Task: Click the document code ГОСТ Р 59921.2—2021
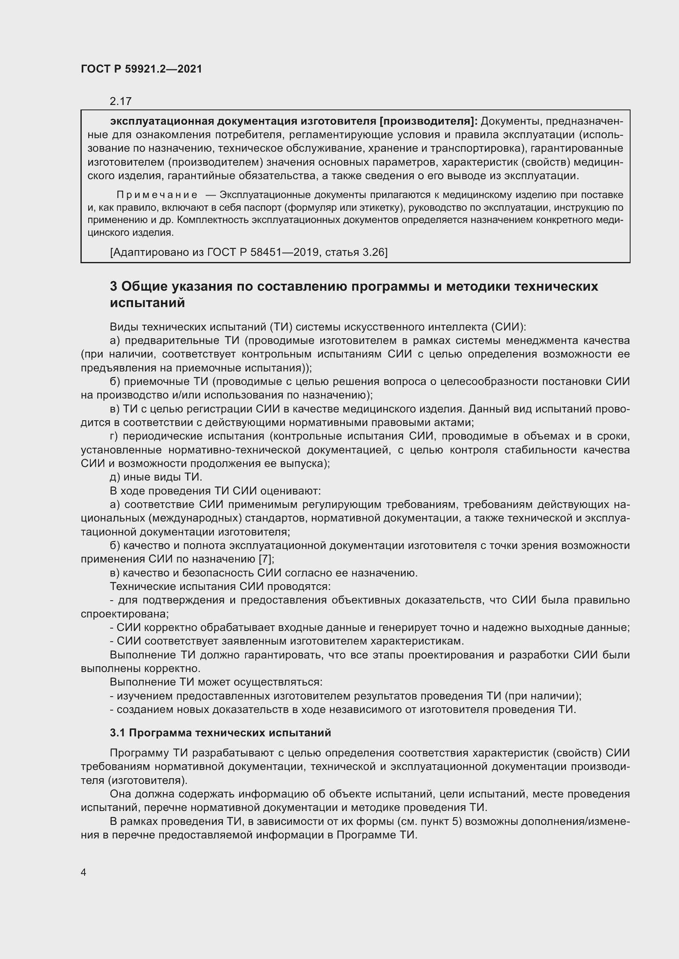click(141, 69)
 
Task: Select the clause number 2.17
click(120, 101)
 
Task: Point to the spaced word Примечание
click(157, 195)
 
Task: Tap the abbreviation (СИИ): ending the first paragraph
click(508, 327)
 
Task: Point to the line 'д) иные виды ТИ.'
click(156, 477)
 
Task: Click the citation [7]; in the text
click(266, 559)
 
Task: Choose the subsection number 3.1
click(117, 733)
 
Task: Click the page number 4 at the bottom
click(84, 872)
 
